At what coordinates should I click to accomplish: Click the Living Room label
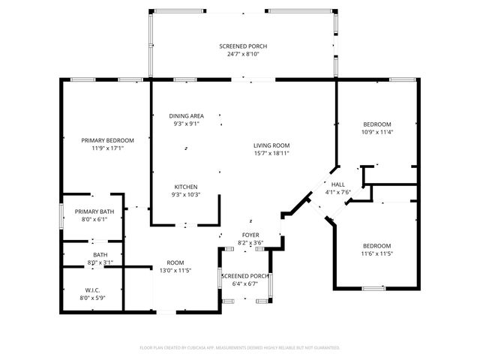pyautogui.click(x=271, y=145)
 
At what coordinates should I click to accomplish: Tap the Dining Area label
pyautogui.click(x=186, y=115)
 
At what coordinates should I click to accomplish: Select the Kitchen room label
pyautogui.click(x=186, y=187)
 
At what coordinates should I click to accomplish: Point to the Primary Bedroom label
pyautogui.click(x=107, y=140)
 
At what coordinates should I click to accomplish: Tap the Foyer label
pyautogui.click(x=250, y=235)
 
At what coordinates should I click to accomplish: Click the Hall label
pyautogui.click(x=337, y=184)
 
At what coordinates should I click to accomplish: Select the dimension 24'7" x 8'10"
pyautogui.click(x=243, y=54)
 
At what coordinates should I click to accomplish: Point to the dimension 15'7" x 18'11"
pyautogui.click(x=271, y=153)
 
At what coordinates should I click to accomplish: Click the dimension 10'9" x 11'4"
pyautogui.click(x=376, y=132)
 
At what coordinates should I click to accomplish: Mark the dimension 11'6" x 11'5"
pyautogui.click(x=376, y=254)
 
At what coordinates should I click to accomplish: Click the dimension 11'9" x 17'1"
pyautogui.click(x=107, y=148)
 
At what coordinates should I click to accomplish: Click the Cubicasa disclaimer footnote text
pyautogui.click(x=240, y=347)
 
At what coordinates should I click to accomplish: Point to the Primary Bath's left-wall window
pyautogui.click(x=61, y=216)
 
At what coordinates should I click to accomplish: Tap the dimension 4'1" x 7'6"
pyautogui.click(x=337, y=192)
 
